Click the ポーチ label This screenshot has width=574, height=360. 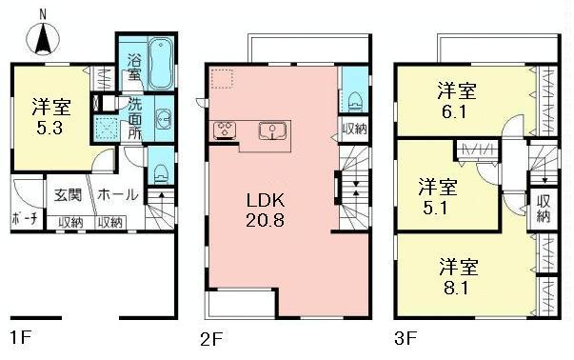[27, 221]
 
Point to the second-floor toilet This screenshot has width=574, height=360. [354, 97]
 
